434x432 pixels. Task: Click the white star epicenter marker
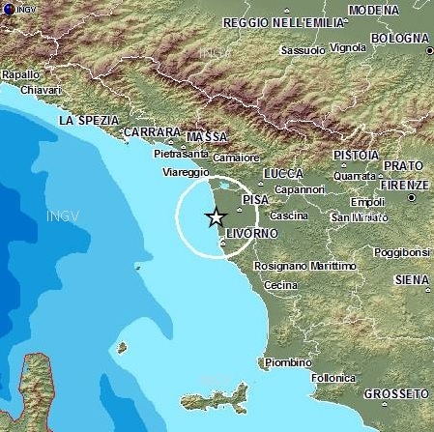pos(217,217)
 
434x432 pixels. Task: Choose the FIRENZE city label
pos(404,184)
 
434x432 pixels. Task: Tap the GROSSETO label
pos(396,394)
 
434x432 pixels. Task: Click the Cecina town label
pos(280,285)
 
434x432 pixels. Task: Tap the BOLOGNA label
pos(397,38)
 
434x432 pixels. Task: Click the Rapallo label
pos(21,74)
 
